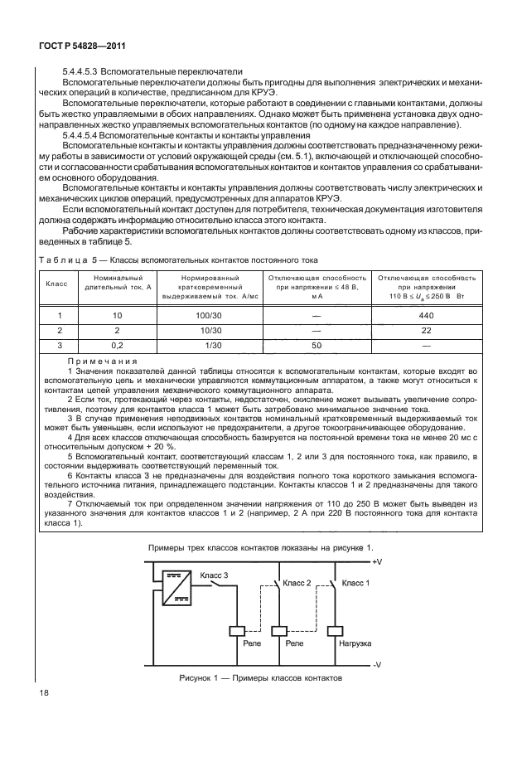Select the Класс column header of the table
(56, 284)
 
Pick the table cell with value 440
(426, 315)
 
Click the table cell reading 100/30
(201, 315)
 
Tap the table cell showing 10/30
(201, 329)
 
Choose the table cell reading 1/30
(201, 343)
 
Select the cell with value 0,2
(116, 343)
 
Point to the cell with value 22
(426, 329)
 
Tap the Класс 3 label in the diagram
(214, 575)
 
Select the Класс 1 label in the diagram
(357, 583)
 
